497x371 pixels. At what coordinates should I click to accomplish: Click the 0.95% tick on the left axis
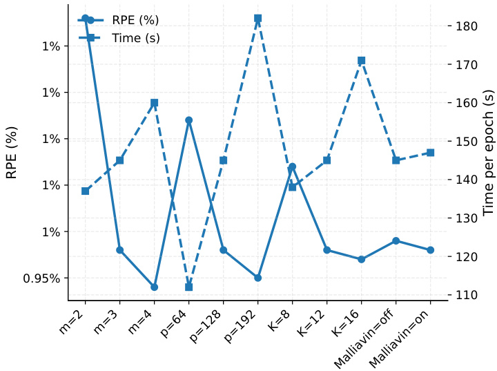click(42, 278)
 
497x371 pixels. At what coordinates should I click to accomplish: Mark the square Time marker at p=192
click(258, 19)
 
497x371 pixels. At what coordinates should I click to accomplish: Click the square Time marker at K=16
click(362, 61)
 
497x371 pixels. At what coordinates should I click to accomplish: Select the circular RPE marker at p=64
click(189, 120)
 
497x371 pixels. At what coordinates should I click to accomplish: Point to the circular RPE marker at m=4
click(155, 287)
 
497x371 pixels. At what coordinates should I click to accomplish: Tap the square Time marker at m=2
click(86, 191)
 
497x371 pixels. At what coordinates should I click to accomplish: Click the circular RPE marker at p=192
click(258, 278)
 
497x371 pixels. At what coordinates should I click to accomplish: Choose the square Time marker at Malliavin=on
click(431, 153)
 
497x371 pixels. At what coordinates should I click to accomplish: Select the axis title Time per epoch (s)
click(488, 153)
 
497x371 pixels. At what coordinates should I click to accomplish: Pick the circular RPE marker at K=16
click(362, 259)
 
